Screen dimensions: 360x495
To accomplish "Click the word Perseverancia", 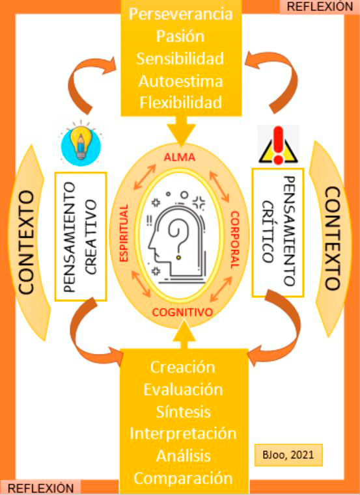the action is coord(181,14).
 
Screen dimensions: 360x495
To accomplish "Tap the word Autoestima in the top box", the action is coord(181,81).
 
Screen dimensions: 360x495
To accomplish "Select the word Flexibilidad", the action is coord(181,103).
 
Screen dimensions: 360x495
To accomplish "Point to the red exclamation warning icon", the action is coord(278,144).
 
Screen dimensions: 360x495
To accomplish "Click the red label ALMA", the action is coord(180,157).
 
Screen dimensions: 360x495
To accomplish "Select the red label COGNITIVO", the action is coord(183,312).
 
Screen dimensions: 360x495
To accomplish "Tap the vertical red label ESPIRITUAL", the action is coord(124,233).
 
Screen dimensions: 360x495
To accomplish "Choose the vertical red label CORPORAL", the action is coord(234,239).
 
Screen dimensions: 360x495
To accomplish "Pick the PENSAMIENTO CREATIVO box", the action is coord(81,237).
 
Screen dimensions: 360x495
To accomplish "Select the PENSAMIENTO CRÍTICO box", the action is coord(278,233).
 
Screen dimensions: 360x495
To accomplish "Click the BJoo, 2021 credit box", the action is coord(288,455).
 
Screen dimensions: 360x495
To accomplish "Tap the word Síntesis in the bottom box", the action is coord(184,412).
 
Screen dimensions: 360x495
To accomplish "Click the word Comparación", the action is coord(184,478).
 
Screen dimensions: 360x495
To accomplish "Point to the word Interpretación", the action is coord(184,433).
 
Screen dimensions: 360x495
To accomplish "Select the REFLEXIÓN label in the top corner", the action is coord(320,7).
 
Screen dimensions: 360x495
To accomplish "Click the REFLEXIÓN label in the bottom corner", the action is coord(40,488).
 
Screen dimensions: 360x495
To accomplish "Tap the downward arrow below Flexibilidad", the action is coord(181,131).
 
